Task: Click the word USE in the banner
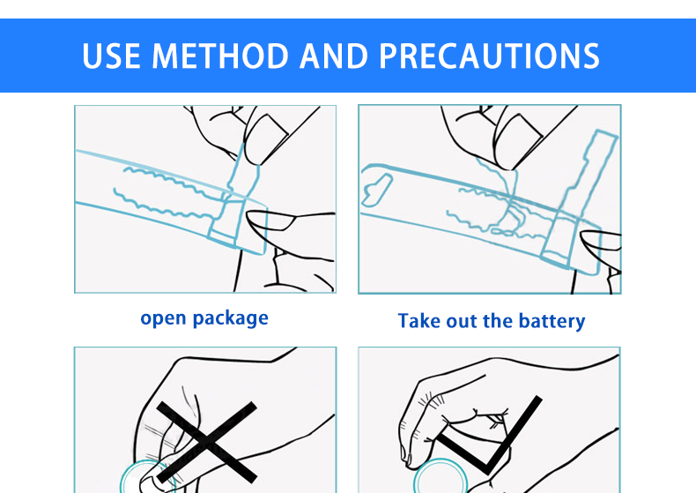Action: click(x=111, y=56)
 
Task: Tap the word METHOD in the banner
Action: click(x=220, y=56)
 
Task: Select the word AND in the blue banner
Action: click(x=334, y=56)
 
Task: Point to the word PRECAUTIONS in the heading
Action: click(x=490, y=56)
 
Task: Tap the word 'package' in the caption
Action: click(x=231, y=318)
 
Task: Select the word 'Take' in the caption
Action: click(x=419, y=321)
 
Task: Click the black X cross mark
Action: click(x=207, y=443)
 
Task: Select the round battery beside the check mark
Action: click(x=441, y=476)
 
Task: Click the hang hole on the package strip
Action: click(x=376, y=190)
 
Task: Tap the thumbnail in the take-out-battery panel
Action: click(x=519, y=131)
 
